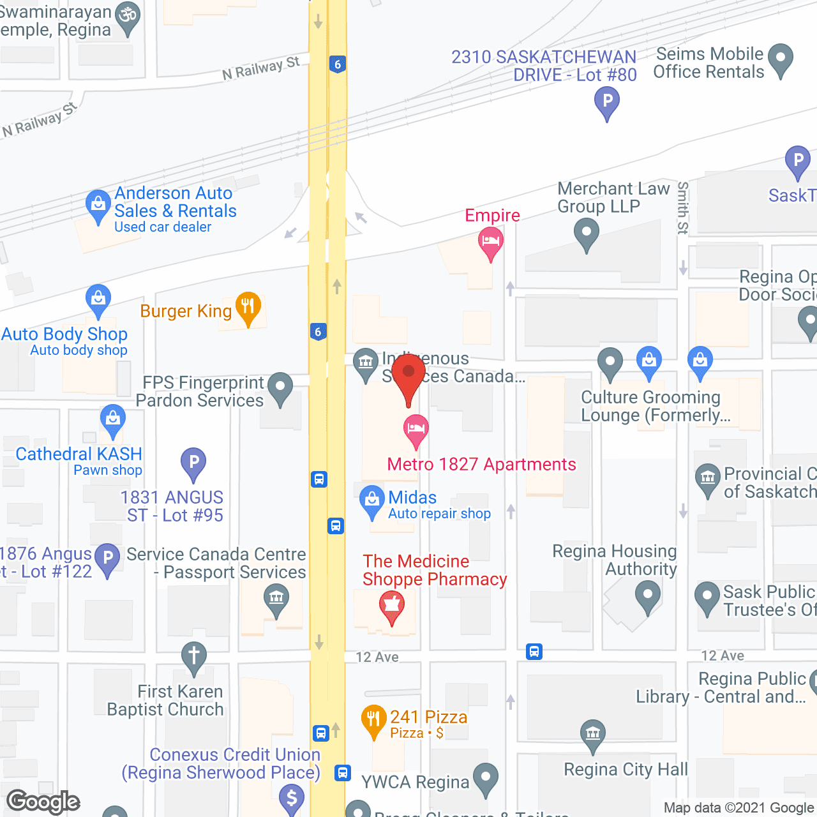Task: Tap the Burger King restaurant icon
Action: [248, 307]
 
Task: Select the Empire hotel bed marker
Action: [490, 242]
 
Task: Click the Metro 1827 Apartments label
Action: [481, 464]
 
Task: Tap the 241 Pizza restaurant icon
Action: [374, 719]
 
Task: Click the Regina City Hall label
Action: [626, 770]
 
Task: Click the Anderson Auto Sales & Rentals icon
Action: [98, 205]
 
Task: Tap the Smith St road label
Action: [683, 208]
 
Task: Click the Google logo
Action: [43, 802]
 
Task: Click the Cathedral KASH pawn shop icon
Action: [113, 419]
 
